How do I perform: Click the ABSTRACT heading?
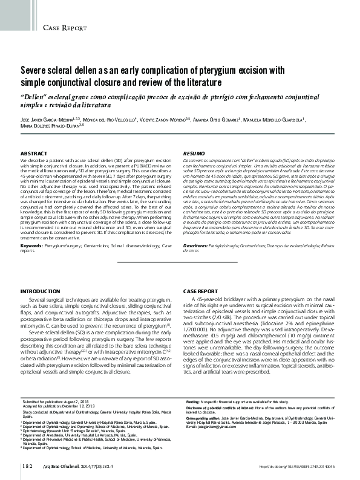[x=34, y=155]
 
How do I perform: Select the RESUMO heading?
[x=194, y=155]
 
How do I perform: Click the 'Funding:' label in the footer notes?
[x=194, y=401]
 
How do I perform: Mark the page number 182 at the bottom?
[x=26, y=466]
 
